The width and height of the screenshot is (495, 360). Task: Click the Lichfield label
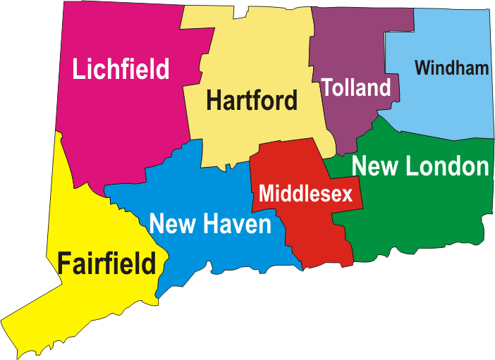coord(121,69)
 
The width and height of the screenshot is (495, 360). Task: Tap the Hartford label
coord(252,101)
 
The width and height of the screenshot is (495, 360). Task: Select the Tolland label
coord(355,87)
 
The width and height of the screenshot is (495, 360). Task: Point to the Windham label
coord(451,68)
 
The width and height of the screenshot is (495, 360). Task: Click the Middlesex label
coord(305,194)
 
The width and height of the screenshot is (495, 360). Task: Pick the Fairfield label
coord(106,264)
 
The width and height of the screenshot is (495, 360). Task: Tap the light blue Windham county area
coord(451,106)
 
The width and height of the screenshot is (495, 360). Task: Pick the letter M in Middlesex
coord(266,194)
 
